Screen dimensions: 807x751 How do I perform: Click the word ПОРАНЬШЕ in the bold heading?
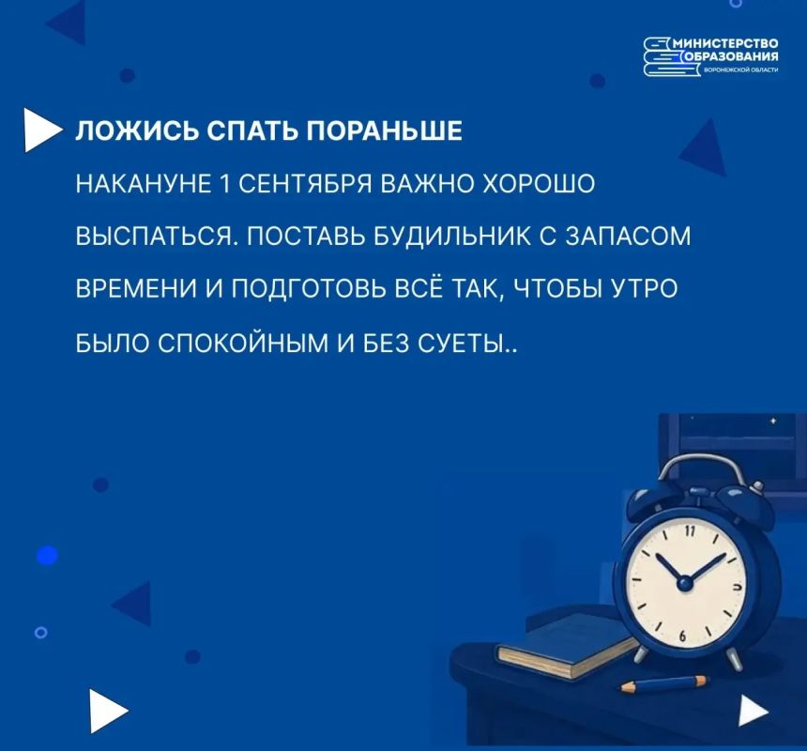[x=385, y=130]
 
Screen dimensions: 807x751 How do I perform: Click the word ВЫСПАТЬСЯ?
[x=157, y=238]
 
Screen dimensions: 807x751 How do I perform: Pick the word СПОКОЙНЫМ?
[x=242, y=344]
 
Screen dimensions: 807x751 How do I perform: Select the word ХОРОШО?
[x=539, y=184]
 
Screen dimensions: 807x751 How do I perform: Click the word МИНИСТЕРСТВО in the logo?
[x=725, y=43]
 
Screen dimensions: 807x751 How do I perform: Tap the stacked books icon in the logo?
[x=664, y=56]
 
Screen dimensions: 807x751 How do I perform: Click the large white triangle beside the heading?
[x=43, y=130]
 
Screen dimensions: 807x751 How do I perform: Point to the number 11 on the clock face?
[x=690, y=531]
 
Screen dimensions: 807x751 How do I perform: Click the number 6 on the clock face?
[x=682, y=636]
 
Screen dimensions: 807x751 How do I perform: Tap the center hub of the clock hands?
[x=684, y=583]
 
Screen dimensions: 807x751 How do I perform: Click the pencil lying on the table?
[x=664, y=684]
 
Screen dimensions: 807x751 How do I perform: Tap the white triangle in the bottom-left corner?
[x=107, y=711]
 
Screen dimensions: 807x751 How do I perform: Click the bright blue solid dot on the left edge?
[x=47, y=556]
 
